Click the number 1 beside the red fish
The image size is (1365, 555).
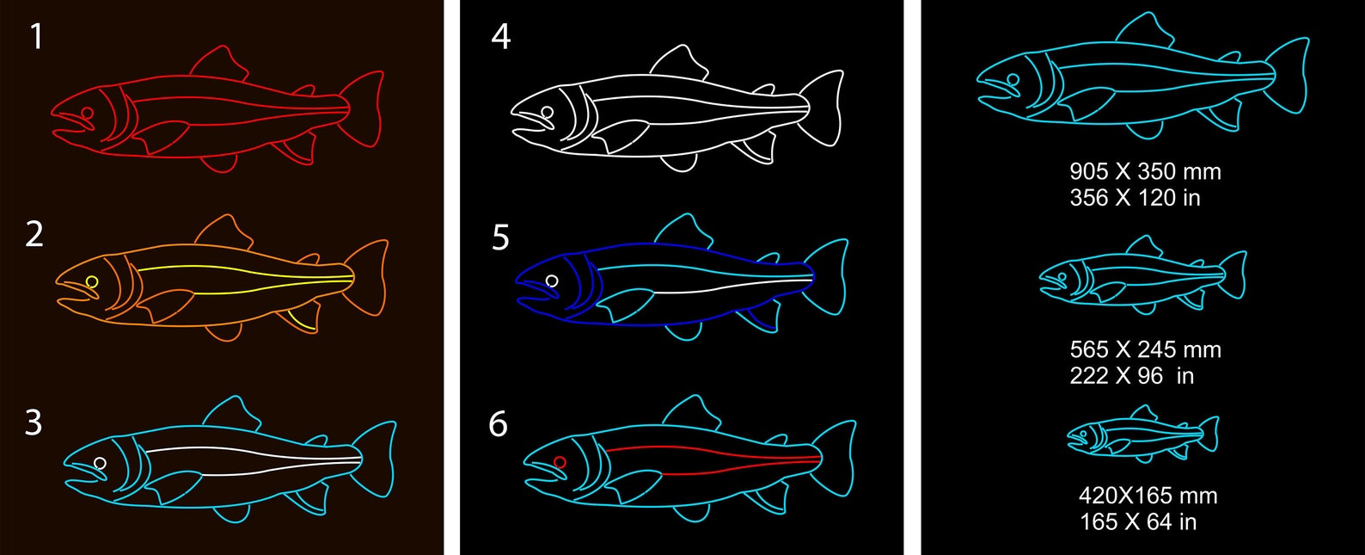pyautogui.click(x=36, y=36)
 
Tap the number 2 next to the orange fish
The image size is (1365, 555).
pyautogui.click(x=34, y=234)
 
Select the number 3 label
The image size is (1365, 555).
pyautogui.click(x=34, y=422)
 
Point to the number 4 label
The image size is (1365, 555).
pyautogui.click(x=500, y=37)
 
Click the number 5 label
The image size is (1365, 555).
pyautogui.click(x=500, y=237)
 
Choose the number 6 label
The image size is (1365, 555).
pyautogui.click(x=498, y=423)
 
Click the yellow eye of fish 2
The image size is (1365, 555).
pyautogui.click(x=92, y=281)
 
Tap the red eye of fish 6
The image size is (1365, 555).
pyautogui.click(x=560, y=462)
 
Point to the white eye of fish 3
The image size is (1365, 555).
pyautogui.click(x=100, y=463)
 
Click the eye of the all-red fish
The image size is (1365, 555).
pyautogui.click(x=87, y=113)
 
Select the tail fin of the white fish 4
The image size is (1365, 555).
pyautogui.click(x=823, y=108)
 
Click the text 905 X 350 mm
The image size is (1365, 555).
pyautogui.click(x=1145, y=171)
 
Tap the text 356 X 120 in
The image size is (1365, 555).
pyautogui.click(x=1135, y=198)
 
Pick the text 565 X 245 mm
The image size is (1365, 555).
pyautogui.click(x=1145, y=349)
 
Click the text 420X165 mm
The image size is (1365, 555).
pyautogui.click(x=1148, y=496)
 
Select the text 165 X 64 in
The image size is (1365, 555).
pyautogui.click(x=1138, y=521)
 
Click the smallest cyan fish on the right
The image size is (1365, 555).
pyautogui.click(x=1142, y=435)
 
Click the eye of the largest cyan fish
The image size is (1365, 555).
pyautogui.click(x=1013, y=79)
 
